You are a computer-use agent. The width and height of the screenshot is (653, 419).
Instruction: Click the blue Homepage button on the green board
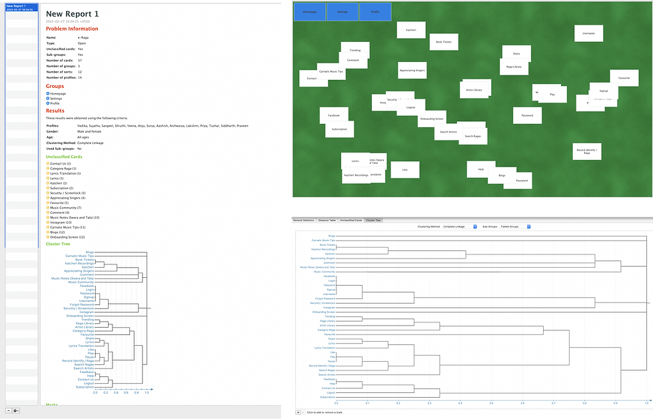(309, 12)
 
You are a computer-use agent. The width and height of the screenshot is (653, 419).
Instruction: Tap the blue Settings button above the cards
(342, 12)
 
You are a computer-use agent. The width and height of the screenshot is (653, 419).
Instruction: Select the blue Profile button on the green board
(375, 12)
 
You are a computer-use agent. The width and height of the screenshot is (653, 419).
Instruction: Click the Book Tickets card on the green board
(444, 42)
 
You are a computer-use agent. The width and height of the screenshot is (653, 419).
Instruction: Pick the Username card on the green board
(588, 33)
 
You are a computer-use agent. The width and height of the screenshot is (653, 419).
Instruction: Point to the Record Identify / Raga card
(586, 152)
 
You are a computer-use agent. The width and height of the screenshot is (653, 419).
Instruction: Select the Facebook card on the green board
(333, 115)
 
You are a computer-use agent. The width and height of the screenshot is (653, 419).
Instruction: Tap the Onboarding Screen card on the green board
(431, 119)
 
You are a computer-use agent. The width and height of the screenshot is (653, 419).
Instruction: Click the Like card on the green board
(404, 170)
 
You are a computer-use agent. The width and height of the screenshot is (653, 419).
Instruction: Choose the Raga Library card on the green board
(514, 67)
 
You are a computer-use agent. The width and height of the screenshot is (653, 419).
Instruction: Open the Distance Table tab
(326, 220)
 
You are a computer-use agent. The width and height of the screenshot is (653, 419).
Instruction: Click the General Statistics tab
(304, 220)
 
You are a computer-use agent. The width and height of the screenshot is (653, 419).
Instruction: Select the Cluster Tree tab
(373, 220)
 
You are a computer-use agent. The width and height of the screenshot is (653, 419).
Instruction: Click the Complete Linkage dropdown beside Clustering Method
(460, 226)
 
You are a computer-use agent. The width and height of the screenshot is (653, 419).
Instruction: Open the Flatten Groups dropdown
(514, 226)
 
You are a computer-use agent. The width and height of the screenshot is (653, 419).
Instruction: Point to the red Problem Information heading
(71, 29)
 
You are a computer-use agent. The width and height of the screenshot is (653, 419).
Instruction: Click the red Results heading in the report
(55, 111)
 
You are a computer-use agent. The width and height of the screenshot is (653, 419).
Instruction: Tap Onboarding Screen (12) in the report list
(67, 237)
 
